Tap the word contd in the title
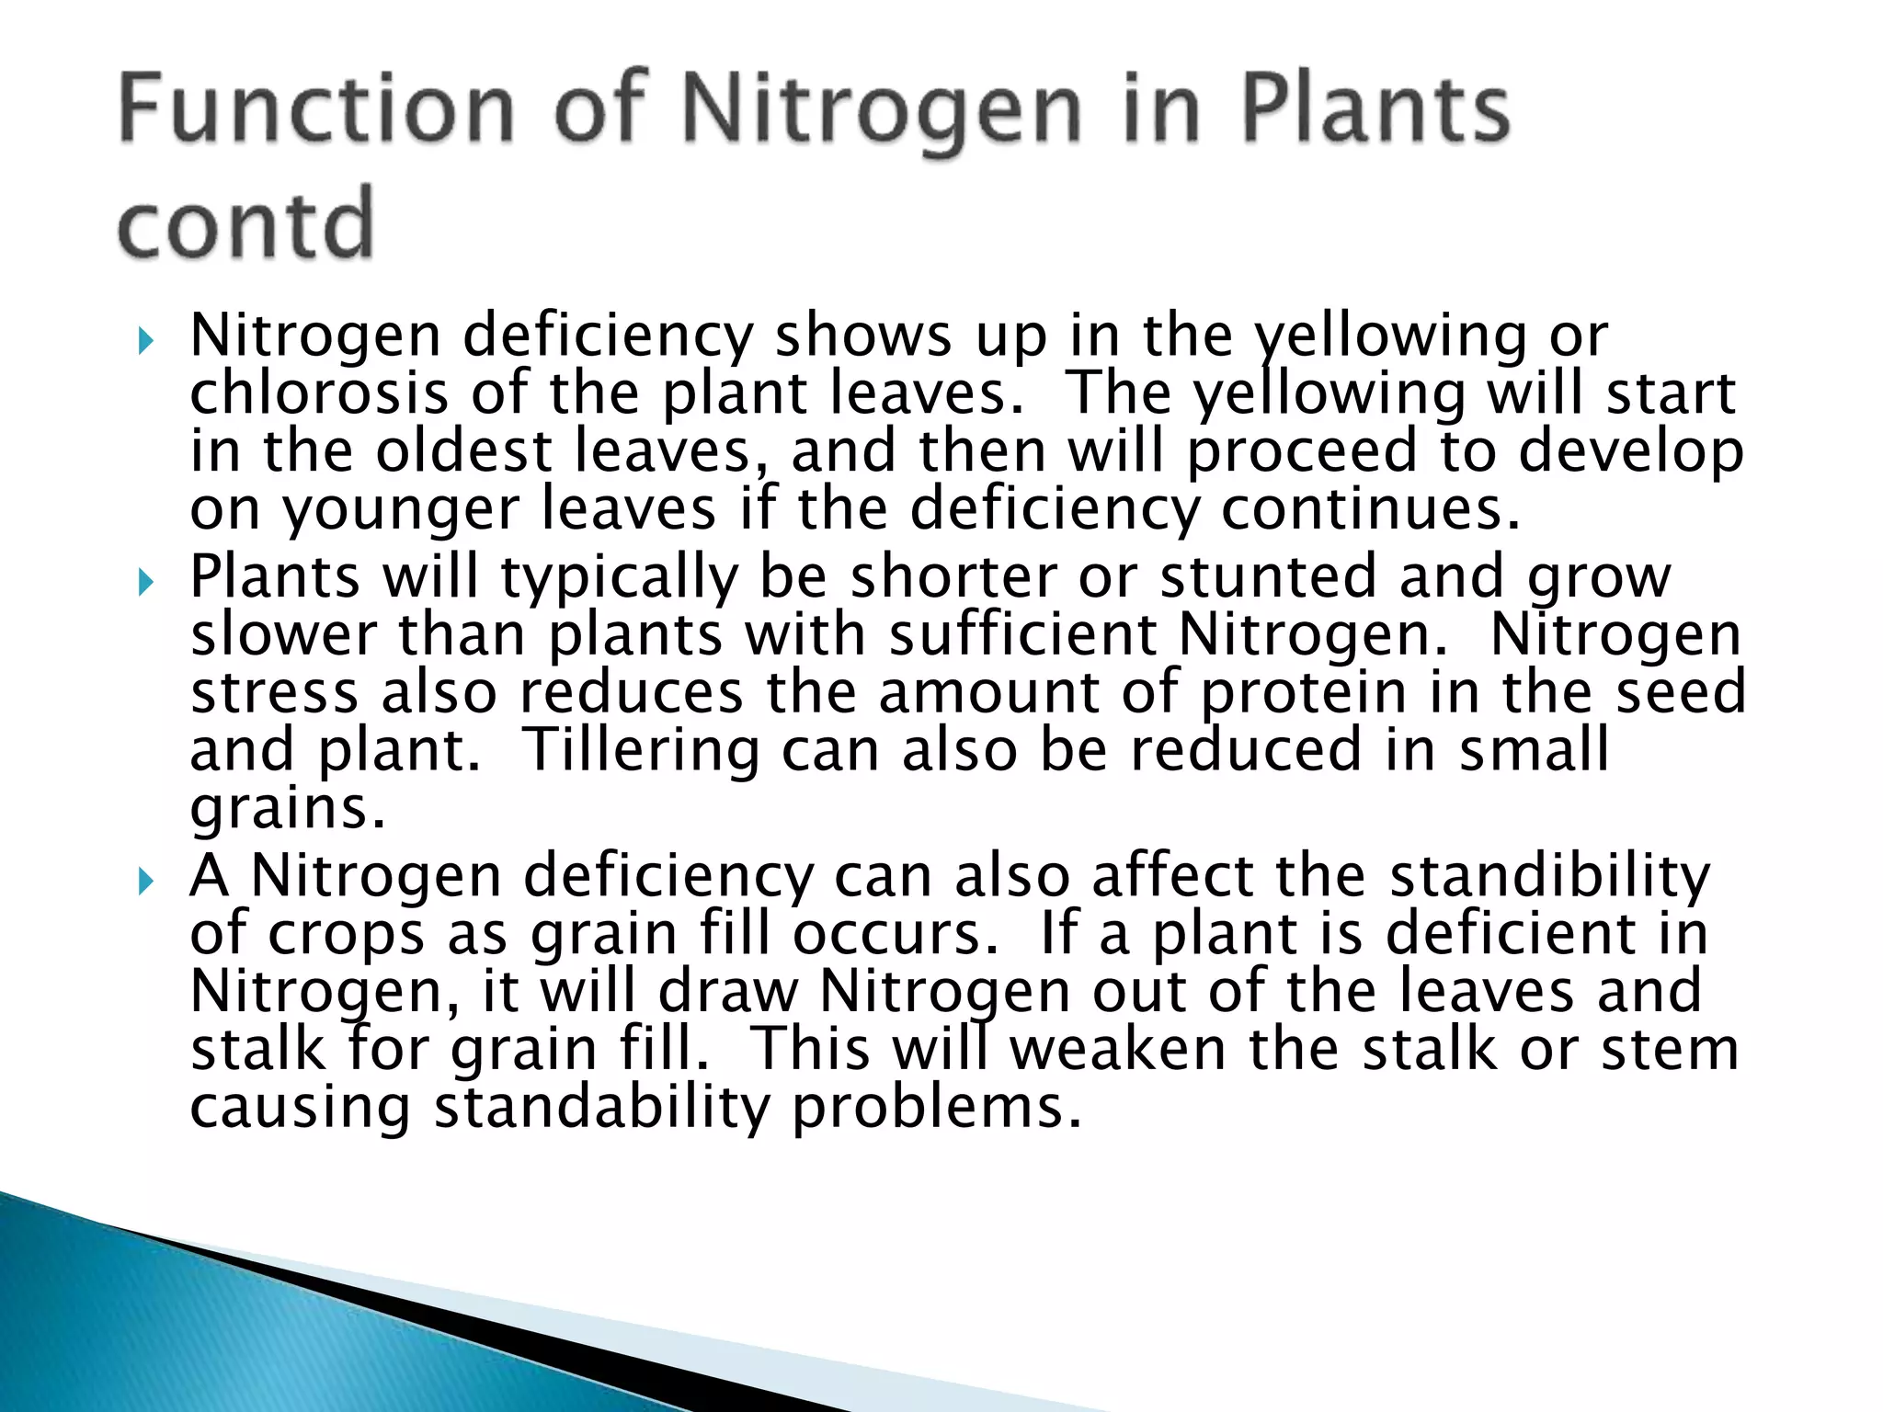tap(246, 223)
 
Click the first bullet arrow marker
tap(145, 343)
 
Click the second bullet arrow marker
tap(145, 583)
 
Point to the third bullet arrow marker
tap(145, 882)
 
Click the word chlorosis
tap(319, 393)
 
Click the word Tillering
tap(641, 749)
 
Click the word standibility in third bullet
tap(1549, 875)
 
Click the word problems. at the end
tap(937, 1107)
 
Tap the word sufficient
tap(1022, 635)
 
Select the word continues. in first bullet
tap(1370, 509)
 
